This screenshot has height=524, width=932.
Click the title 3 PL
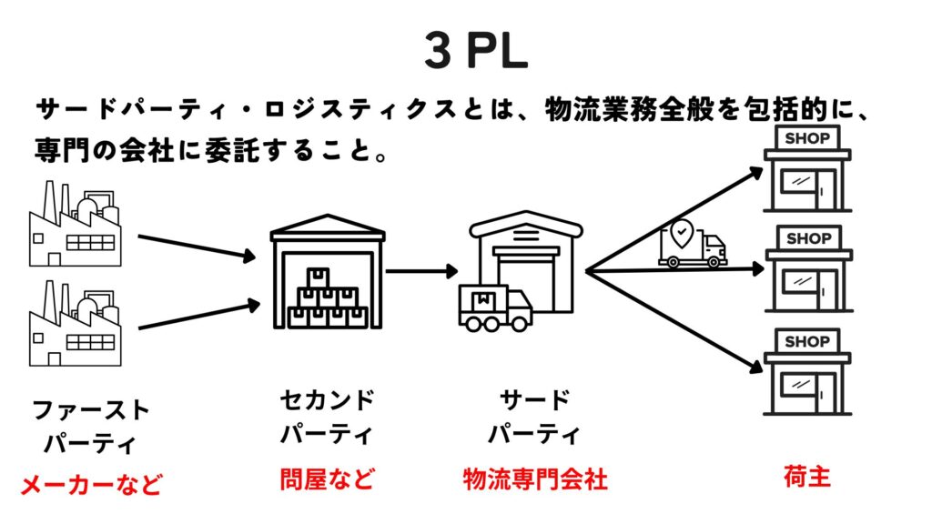[x=476, y=50]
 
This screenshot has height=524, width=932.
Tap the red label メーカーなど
[x=92, y=484]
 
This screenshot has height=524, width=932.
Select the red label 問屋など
[x=327, y=479]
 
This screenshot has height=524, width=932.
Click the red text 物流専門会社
[x=535, y=479]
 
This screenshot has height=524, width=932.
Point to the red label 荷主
[x=806, y=477]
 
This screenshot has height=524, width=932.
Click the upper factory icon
[x=75, y=224]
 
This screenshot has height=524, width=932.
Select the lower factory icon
[x=75, y=323]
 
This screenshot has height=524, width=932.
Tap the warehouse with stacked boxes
[x=328, y=271]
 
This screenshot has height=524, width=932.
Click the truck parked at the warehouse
[x=494, y=307]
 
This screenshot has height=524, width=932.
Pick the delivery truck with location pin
[x=692, y=244]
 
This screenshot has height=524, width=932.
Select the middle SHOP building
[x=809, y=269]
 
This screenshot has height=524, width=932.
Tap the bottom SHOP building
[x=808, y=372]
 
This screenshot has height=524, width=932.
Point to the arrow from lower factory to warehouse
[x=199, y=316]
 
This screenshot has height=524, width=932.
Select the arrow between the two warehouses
[x=422, y=271]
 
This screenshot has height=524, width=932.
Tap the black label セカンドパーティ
[x=327, y=417]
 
